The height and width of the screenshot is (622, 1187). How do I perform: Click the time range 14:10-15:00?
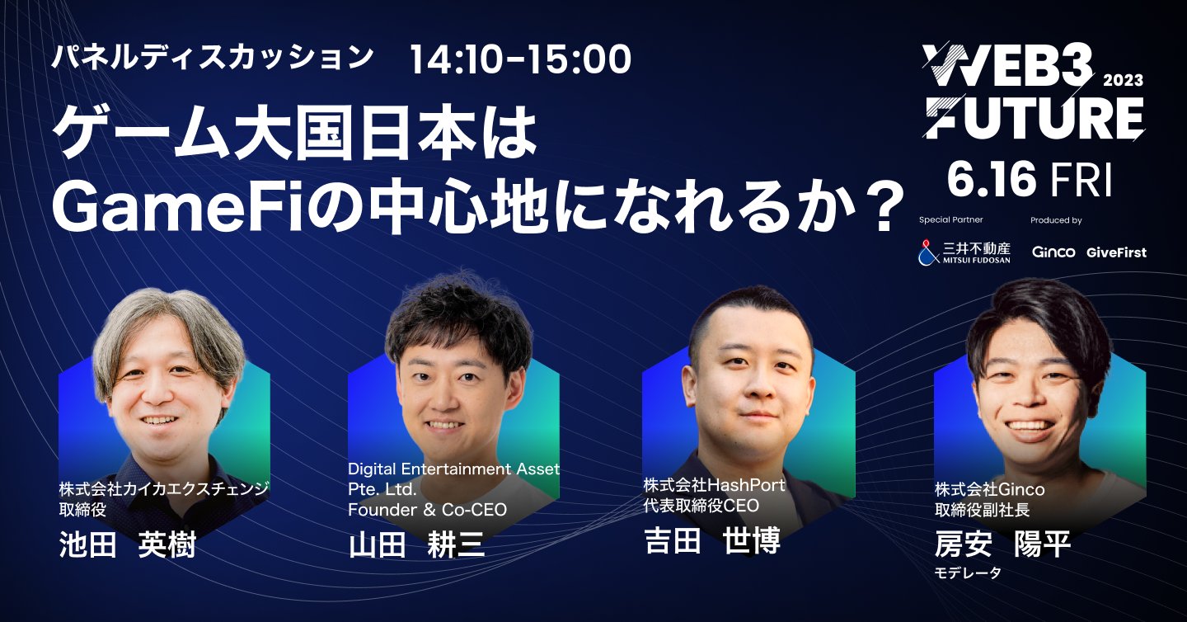[520, 59]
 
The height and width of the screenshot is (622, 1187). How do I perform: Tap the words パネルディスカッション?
[212, 58]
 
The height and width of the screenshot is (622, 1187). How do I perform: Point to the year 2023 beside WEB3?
[1123, 81]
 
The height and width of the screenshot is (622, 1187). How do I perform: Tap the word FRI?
[1082, 180]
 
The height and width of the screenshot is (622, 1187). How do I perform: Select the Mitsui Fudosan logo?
[964, 252]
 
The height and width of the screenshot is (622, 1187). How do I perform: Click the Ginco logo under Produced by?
[1053, 252]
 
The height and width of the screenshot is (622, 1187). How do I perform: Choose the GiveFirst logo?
[1116, 252]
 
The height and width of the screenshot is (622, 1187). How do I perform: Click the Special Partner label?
[950, 221]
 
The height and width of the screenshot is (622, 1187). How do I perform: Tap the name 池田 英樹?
[128, 545]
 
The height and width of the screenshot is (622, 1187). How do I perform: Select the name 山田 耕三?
[417, 545]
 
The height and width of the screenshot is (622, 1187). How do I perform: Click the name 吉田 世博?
[711, 540]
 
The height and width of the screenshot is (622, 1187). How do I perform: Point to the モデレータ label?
[968, 573]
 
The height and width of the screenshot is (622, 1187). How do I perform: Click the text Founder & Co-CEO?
[427, 510]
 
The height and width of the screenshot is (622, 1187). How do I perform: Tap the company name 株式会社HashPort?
[714, 485]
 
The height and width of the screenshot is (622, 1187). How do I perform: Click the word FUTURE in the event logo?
[1033, 118]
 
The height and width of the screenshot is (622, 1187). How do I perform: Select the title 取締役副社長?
[982, 510]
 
